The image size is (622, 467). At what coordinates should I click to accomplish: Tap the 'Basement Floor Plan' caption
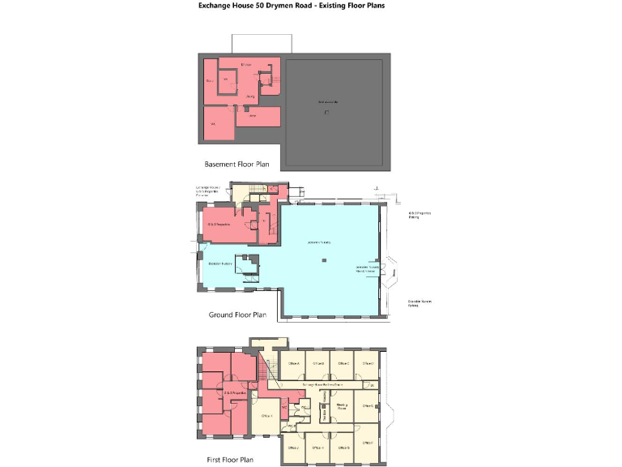point(236,164)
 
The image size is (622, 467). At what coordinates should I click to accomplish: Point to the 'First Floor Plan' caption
point(230,460)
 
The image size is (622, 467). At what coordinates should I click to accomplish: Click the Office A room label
point(292,363)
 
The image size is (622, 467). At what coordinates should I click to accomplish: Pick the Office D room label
point(368,363)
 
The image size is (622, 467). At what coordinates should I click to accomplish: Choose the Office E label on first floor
point(368,405)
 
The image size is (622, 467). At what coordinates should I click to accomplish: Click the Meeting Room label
point(342,406)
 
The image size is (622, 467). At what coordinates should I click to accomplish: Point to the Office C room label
point(343,363)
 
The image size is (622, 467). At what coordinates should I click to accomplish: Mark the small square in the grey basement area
point(326,112)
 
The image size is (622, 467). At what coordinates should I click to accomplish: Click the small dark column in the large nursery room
point(323,260)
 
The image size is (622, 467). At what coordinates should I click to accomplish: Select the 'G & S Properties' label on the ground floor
point(219,224)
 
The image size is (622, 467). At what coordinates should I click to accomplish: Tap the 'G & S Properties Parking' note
point(419,215)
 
